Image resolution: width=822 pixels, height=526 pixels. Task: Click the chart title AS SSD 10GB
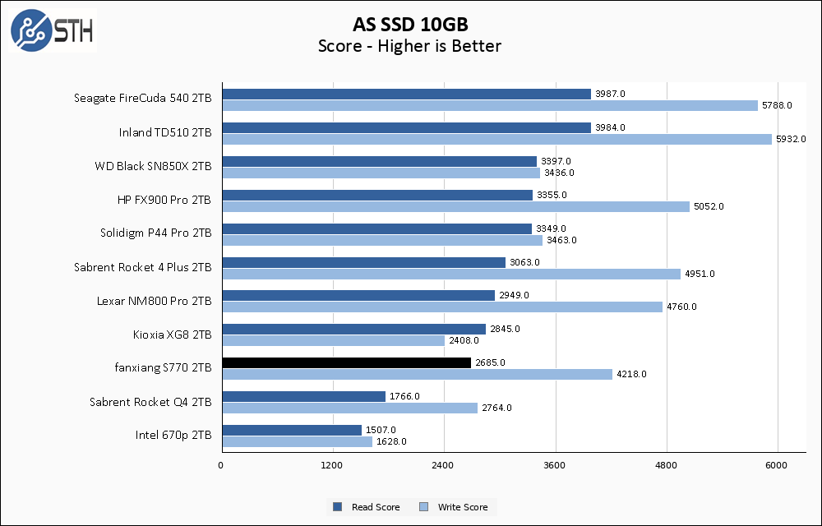pyautogui.click(x=409, y=24)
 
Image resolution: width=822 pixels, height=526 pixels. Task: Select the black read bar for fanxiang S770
pyautogui.click(x=346, y=362)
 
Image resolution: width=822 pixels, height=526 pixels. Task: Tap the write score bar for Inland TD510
pyautogui.click(x=496, y=139)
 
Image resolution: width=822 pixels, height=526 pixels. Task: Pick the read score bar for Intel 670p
pyautogui.click(x=292, y=430)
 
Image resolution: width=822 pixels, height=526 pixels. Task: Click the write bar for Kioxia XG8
pyautogui.click(x=333, y=340)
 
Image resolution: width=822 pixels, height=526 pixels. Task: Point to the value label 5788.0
pyautogui.click(x=777, y=105)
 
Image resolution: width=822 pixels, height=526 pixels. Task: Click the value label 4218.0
pyautogui.click(x=631, y=374)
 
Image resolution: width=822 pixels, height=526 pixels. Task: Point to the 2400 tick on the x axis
pyautogui.click(x=444, y=466)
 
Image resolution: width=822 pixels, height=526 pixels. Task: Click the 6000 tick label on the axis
pyautogui.click(x=778, y=466)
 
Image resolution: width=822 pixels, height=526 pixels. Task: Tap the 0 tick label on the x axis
pyautogui.click(x=221, y=466)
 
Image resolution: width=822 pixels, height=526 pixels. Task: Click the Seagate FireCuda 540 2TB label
pyautogui.click(x=142, y=99)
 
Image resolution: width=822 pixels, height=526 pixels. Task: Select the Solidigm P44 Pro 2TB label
pyautogui.click(x=155, y=233)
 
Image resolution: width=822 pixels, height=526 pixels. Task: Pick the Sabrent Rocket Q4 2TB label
pyautogui.click(x=150, y=402)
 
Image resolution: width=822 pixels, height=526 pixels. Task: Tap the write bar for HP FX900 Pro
pyautogui.click(x=455, y=206)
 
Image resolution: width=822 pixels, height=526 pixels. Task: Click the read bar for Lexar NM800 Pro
pyautogui.click(x=358, y=295)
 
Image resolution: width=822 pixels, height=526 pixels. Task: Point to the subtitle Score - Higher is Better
pyautogui.click(x=409, y=46)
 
